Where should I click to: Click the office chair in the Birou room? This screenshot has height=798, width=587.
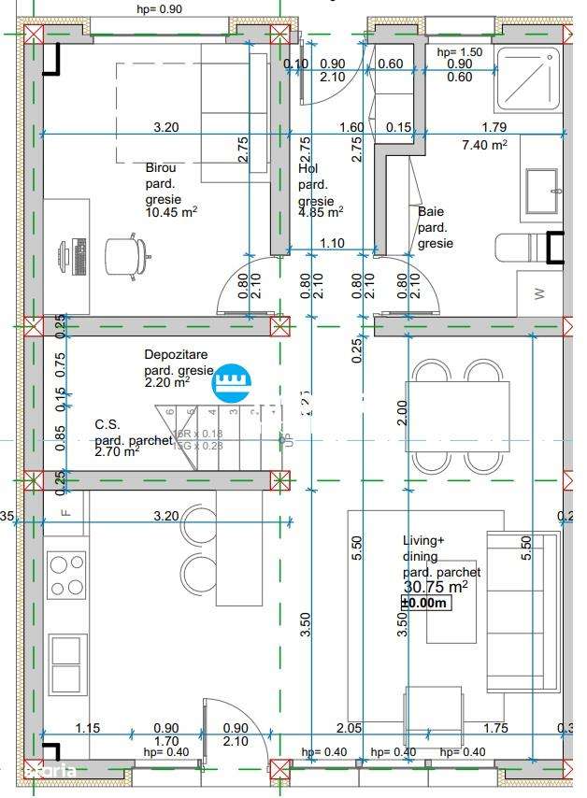click(x=127, y=254)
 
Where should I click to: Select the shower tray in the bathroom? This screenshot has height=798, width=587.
click(x=528, y=79)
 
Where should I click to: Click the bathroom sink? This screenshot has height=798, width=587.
click(x=542, y=191)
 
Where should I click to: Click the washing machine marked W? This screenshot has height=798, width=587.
click(x=540, y=293)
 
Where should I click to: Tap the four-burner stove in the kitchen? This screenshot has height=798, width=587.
click(x=66, y=576)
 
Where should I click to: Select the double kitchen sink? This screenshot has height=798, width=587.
click(x=66, y=663)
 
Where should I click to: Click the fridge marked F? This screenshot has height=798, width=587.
click(x=66, y=513)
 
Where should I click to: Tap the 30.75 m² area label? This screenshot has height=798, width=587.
click(x=435, y=587)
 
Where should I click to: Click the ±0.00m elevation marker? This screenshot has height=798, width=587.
click(x=425, y=604)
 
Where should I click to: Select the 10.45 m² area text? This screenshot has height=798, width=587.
click(x=170, y=212)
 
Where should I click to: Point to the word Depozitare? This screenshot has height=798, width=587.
click(x=176, y=354)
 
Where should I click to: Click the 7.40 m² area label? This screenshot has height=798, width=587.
click(x=484, y=145)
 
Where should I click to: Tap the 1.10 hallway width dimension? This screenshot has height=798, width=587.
click(x=332, y=243)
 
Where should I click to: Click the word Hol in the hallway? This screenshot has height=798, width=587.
click(x=308, y=169)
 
